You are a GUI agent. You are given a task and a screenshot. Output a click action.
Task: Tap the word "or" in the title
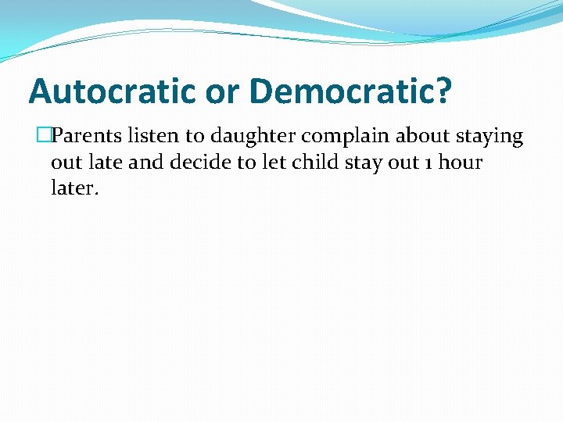224,91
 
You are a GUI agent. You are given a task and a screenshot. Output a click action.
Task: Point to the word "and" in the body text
144,163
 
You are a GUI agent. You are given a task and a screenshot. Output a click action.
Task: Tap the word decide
192,163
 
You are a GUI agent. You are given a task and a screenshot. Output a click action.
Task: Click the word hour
461,163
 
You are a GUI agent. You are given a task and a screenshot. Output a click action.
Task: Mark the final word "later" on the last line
74,189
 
